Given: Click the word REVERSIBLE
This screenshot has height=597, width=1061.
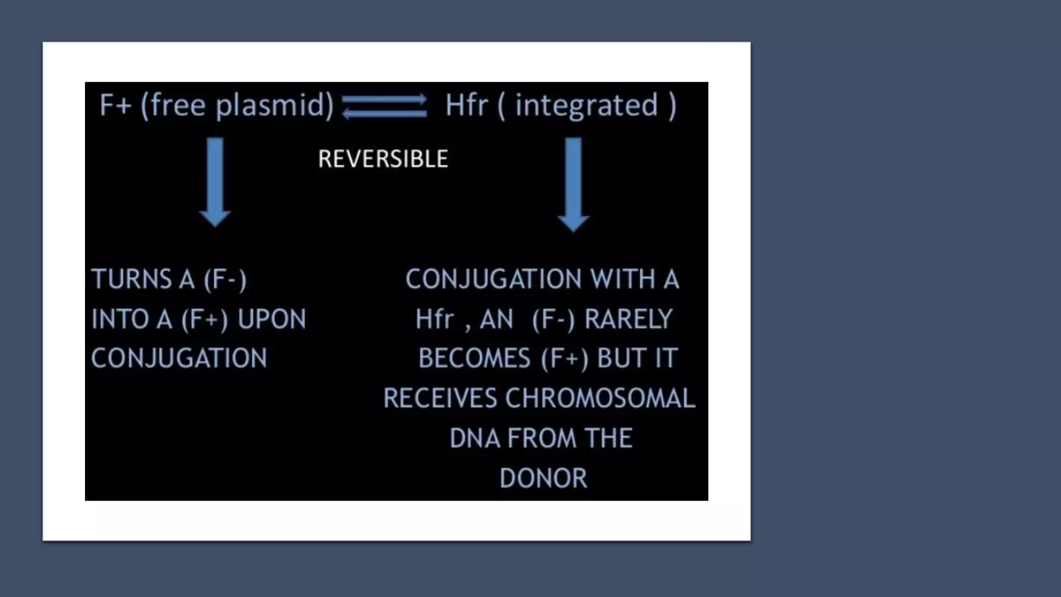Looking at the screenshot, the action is point(383,159).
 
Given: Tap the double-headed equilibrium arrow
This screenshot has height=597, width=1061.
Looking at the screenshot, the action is point(384,106).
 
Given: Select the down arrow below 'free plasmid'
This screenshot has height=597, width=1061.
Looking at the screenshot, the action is point(215,181).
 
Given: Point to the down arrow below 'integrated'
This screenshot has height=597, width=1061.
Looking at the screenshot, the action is point(573,184).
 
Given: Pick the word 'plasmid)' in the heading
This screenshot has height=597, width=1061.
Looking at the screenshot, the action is point(275,106).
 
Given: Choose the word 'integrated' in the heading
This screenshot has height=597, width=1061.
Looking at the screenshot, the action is point(586,105).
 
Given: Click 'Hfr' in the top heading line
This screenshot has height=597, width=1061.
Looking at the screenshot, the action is point(466,105).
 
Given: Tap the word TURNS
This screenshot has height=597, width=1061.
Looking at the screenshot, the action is point(132,279).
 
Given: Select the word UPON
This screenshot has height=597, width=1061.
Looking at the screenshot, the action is point(272,319).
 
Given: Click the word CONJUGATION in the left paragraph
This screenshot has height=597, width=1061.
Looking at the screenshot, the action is point(179,358).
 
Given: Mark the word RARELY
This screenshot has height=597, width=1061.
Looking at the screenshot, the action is point(628,319).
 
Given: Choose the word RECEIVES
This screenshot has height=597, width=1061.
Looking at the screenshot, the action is point(440,399).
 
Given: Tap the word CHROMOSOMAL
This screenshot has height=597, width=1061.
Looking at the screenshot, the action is point(600,399).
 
